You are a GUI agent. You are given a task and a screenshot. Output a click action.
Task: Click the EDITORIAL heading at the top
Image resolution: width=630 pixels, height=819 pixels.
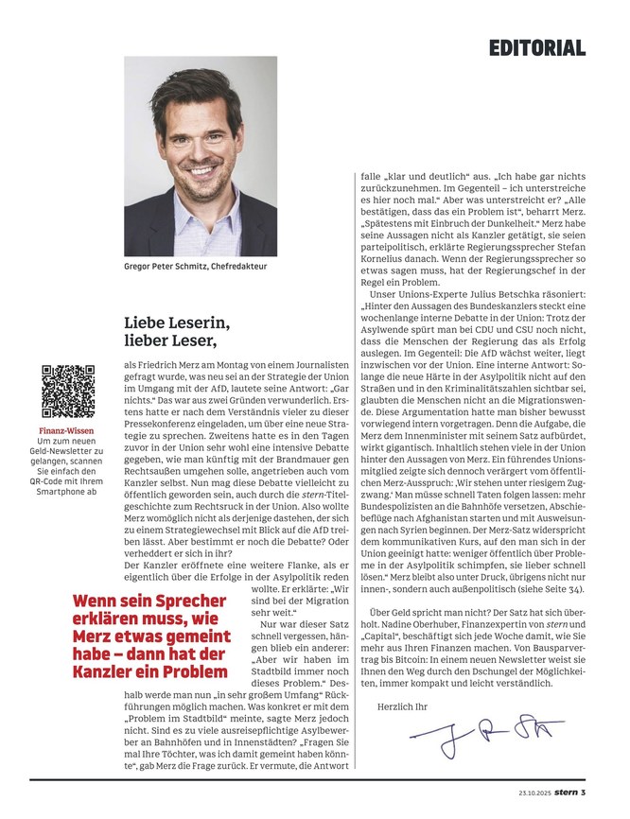pyautogui.click(x=537, y=47)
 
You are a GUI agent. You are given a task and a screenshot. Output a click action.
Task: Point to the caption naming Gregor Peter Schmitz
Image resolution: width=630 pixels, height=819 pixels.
pyautogui.click(x=196, y=268)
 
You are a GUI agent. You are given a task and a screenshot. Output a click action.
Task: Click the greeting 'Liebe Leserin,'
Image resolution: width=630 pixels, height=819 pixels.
pyautogui.click(x=177, y=322)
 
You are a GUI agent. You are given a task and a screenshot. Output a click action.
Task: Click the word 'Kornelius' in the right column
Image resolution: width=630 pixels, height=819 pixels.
pyautogui.click(x=391, y=255)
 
